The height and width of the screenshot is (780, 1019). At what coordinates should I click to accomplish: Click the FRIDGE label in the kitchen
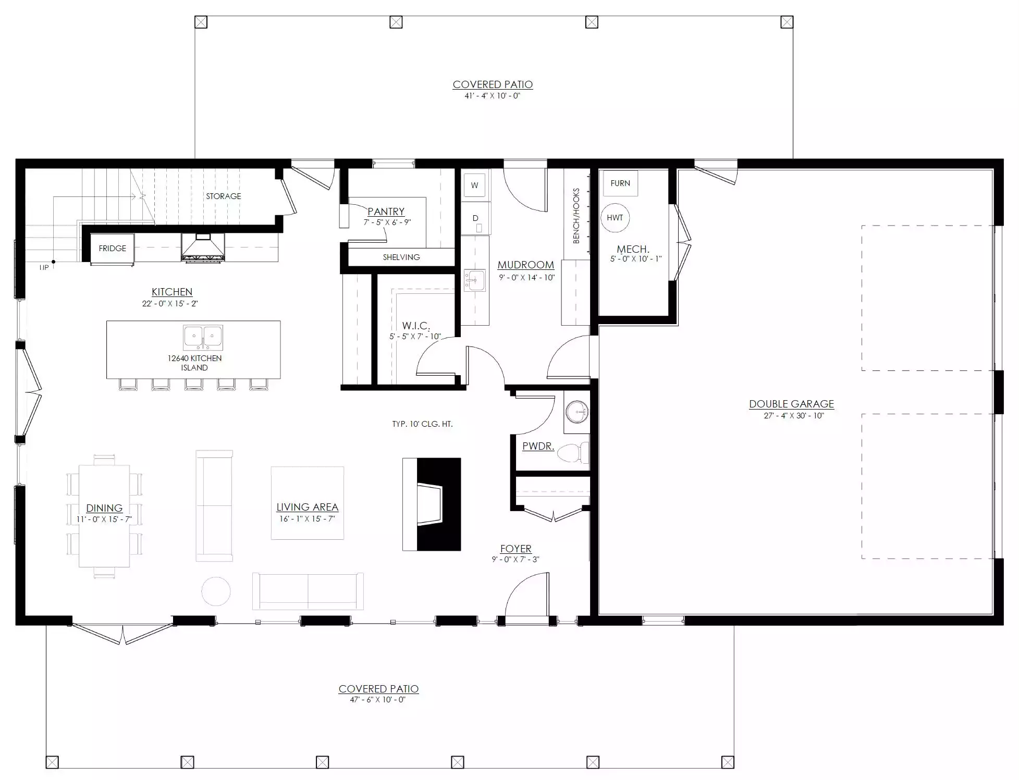coord(113,249)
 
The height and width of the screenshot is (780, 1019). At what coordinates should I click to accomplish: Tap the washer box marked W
coord(474,185)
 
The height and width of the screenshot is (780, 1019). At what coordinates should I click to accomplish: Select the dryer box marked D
coord(475,218)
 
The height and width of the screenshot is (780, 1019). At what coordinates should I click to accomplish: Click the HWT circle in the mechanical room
coord(615,218)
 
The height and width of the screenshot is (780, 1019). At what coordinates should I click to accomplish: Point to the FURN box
coord(620,183)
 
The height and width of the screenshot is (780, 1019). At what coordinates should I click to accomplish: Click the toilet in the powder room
coord(573,452)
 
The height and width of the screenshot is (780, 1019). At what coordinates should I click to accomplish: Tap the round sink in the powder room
coord(578,412)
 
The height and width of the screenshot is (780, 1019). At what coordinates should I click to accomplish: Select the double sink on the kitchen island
coord(203,337)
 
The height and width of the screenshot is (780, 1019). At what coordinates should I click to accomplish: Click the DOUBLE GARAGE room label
coord(791,404)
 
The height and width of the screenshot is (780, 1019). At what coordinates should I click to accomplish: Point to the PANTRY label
coord(386,212)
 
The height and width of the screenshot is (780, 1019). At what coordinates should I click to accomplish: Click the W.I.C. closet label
coord(415,326)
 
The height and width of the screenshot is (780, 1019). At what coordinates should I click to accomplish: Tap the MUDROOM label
coord(525,265)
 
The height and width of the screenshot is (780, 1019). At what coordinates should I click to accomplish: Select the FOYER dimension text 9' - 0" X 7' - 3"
coord(515,560)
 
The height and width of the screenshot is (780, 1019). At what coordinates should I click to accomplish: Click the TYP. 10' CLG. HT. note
coord(422,424)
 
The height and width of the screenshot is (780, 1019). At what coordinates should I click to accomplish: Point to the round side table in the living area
coord(216,591)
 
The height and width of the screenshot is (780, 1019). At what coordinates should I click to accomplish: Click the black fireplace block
coord(432,504)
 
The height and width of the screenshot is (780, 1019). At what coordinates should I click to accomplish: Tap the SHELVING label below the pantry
coord(401,257)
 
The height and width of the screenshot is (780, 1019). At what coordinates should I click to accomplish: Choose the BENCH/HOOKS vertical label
coord(576,216)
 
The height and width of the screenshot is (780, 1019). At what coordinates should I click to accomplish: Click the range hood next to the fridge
coord(203,247)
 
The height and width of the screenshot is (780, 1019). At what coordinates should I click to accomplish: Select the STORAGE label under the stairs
coord(224,196)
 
